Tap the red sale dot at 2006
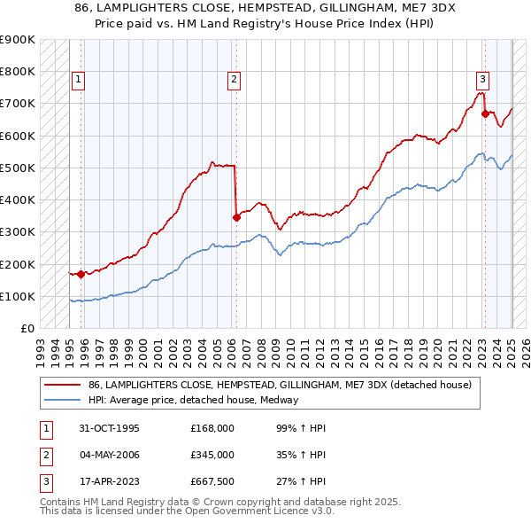236,217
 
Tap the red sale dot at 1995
81,274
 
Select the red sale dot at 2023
485,113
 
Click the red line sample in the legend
63,385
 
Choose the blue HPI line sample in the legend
63,400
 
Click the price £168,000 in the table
212,428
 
